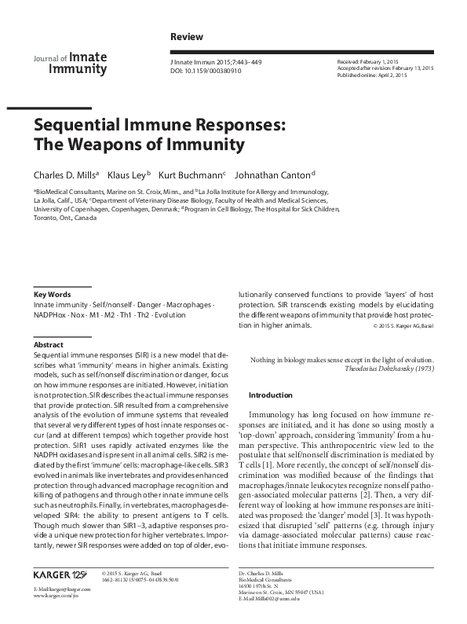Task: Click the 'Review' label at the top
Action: (186, 37)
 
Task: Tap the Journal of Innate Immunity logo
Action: (69, 63)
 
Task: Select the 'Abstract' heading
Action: (47, 345)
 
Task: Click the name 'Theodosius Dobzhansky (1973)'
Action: (389, 369)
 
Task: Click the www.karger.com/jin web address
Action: (56, 596)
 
